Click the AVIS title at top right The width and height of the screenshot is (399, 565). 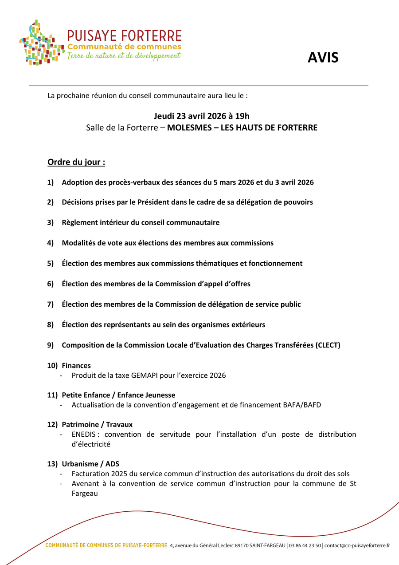pyautogui.click(x=323, y=58)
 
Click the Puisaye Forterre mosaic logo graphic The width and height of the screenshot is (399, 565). pyautogui.click(x=40, y=43)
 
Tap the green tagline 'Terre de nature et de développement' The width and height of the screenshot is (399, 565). pyautogui.click(x=124, y=56)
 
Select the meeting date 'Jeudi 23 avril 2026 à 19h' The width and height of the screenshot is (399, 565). pyautogui.click(x=202, y=116)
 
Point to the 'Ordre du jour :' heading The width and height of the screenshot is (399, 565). pyautogui.click(x=76, y=162)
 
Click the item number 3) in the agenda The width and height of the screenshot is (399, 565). pyautogui.click(x=51, y=222)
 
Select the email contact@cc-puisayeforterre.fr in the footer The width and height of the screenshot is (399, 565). pyautogui.click(x=357, y=545)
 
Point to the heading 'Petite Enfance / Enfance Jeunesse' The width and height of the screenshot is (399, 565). pyautogui.click(x=118, y=395)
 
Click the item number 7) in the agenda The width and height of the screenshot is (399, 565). pyautogui.click(x=51, y=304)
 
